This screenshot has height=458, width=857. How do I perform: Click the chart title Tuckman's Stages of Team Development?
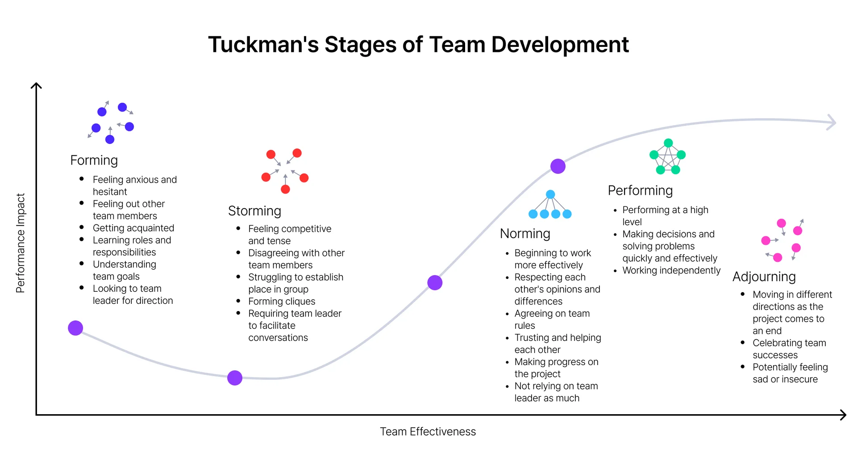418,45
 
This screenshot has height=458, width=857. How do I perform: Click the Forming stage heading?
94,160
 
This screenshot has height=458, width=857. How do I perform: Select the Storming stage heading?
254,211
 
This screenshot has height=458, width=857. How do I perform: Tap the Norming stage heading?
525,234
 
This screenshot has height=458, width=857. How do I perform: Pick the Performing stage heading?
640,191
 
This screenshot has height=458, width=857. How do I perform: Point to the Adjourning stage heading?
764,277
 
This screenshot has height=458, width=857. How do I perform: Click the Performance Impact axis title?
20,243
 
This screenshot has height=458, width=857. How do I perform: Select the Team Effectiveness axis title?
428,432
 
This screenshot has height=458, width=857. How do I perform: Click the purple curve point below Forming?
75,328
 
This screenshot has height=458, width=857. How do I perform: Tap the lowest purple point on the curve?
235,378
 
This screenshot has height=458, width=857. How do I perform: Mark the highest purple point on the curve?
558,166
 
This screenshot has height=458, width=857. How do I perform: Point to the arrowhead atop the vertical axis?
36,85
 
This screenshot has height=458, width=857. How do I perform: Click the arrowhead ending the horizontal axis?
843,415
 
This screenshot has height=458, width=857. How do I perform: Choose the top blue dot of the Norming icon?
550,194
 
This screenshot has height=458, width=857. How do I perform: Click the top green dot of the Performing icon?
668,143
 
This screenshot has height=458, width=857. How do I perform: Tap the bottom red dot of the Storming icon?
285,189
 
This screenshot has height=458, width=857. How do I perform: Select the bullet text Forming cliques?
282,302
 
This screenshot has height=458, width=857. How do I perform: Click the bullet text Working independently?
671,271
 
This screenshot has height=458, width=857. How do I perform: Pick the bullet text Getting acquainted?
133,228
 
